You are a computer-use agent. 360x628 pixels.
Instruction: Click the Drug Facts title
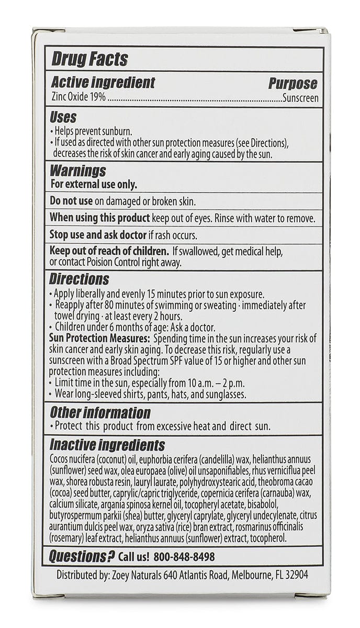89,59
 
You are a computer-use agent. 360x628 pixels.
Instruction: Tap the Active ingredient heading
103,83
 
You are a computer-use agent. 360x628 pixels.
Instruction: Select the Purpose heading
293,83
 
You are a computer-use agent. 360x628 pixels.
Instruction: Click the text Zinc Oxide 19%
78,97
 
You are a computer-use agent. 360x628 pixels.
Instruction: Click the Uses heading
63,117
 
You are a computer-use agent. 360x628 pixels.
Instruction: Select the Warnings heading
77,171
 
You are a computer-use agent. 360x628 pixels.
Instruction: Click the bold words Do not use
71,201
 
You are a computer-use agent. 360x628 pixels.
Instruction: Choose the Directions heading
80,278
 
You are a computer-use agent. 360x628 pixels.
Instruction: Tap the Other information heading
100,412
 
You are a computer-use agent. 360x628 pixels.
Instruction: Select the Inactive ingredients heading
107,445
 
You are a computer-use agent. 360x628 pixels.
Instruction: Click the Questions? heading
82,556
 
